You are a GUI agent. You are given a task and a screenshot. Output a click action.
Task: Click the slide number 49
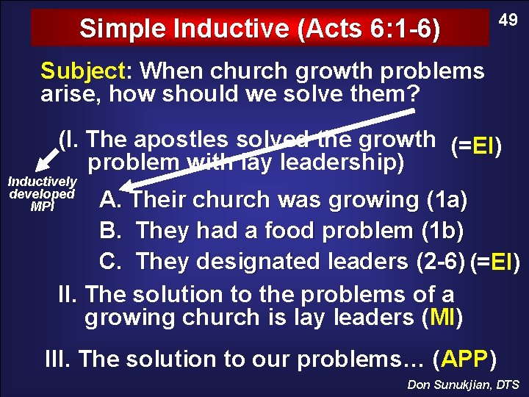pos(508,21)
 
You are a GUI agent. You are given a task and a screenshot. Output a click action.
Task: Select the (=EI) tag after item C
pos(495,261)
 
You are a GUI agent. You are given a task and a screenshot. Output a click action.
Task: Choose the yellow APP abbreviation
pos(465,360)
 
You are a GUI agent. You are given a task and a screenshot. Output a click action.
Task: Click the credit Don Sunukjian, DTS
pos(463,385)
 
